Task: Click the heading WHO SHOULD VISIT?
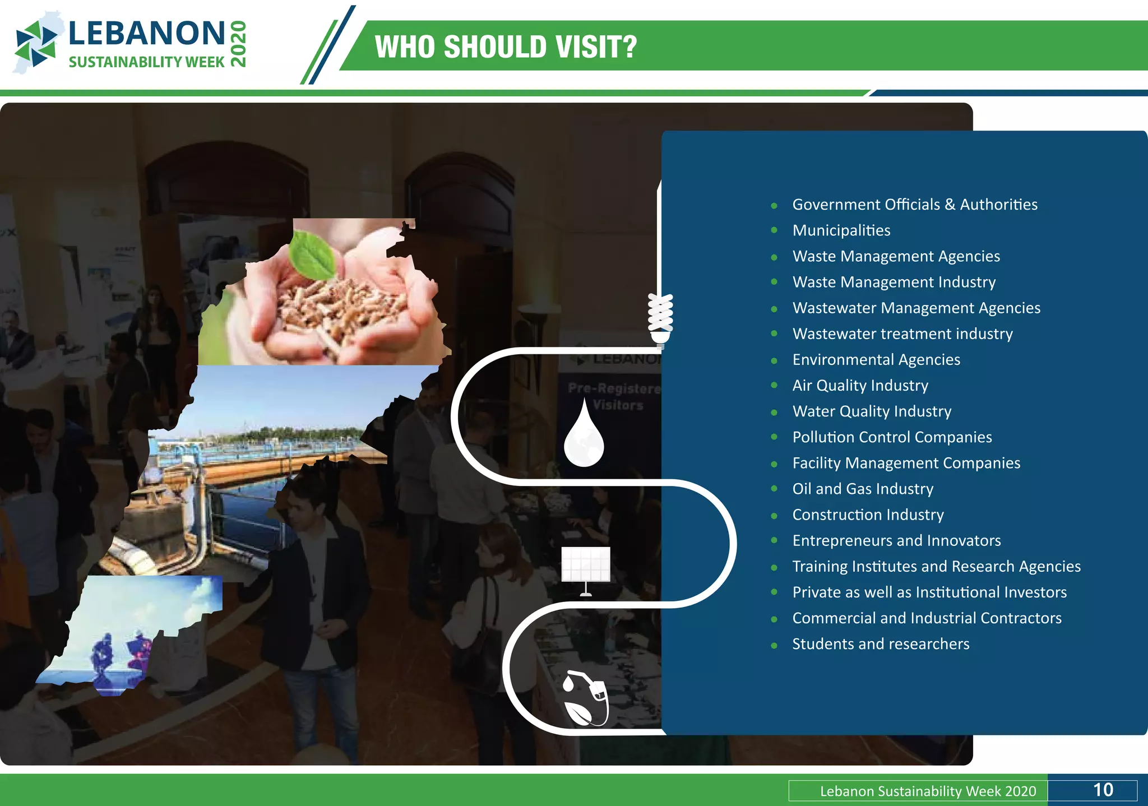pyautogui.click(x=506, y=47)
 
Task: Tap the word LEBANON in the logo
pyautogui.click(x=147, y=34)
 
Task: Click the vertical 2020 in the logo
pyautogui.click(x=238, y=44)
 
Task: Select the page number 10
pyautogui.click(x=1103, y=790)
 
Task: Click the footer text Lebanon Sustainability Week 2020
pyautogui.click(x=928, y=791)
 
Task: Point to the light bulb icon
pyautogui.click(x=660, y=318)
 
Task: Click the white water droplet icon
pyautogui.click(x=584, y=434)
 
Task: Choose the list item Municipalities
pyautogui.click(x=841, y=230)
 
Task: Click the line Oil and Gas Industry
pyautogui.click(x=863, y=489)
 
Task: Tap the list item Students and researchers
pyautogui.click(x=881, y=644)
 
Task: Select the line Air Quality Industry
pyautogui.click(x=860, y=386)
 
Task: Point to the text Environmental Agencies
pyautogui.click(x=876, y=360)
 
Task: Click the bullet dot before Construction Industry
pyautogui.click(x=774, y=516)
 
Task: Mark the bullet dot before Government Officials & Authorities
pyautogui.click(x=774, y=206)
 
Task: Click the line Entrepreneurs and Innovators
pyautogui.click(x=896, y=540)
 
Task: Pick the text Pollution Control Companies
pyautogui.click(x=892, y=437)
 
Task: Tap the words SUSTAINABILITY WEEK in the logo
pyautogui.click(x=146, y=62)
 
